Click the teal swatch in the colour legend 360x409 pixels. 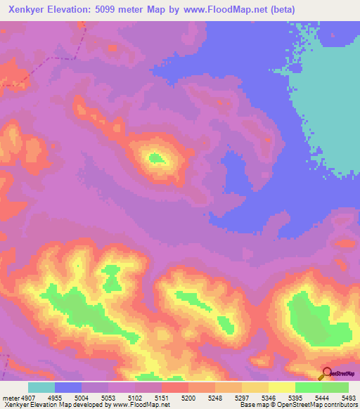click(41, 387)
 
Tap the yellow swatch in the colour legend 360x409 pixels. click(281, 387)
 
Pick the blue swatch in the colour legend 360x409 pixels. click(68, 387)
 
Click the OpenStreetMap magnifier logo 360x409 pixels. click(325, 372)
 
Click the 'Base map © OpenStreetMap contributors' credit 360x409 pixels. click(298, 405)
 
